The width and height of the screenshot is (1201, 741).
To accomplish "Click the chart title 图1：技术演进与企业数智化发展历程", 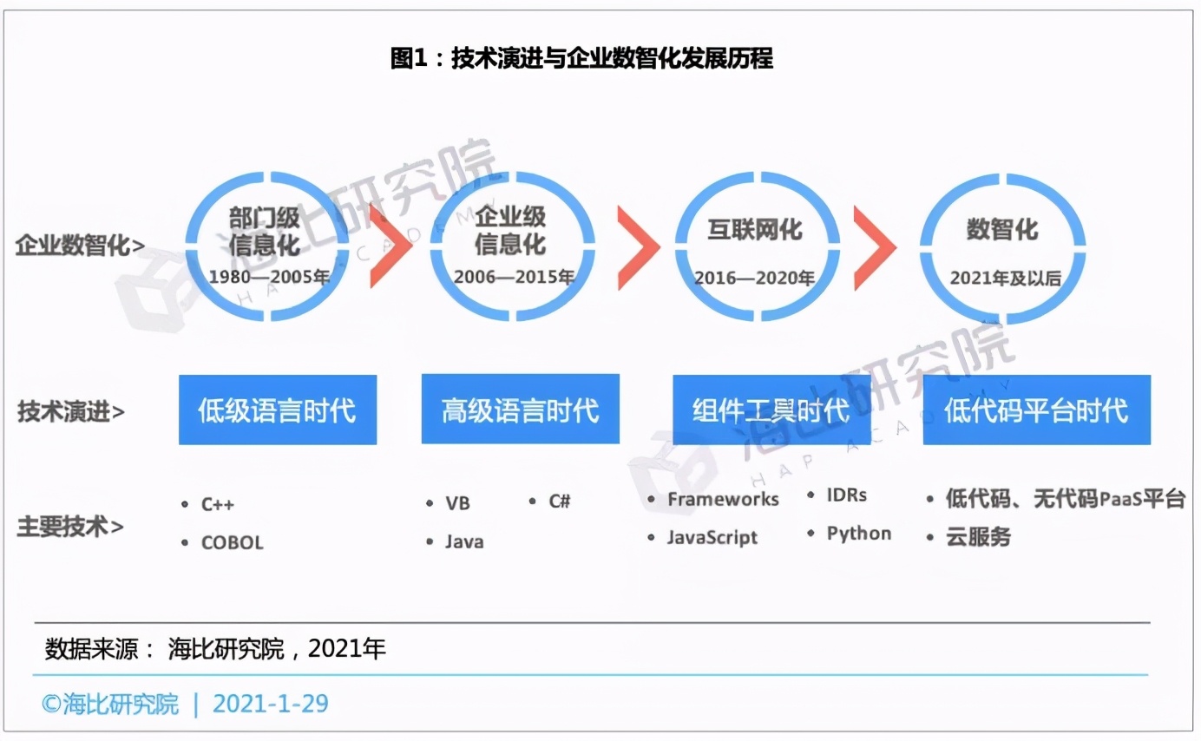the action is [581, 59].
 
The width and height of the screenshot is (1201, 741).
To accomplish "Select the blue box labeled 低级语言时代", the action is [278, 410].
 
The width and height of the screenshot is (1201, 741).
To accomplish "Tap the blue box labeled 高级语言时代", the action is [520, 410].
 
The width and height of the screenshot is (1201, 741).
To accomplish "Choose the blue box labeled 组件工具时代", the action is [771, 410].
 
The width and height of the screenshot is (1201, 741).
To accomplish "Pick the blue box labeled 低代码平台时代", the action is [1036, 410].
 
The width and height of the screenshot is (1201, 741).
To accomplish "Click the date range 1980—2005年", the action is [270, 278].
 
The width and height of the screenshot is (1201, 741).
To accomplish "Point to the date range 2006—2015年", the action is [514, 278].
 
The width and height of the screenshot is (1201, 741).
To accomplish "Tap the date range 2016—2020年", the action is [754, 279].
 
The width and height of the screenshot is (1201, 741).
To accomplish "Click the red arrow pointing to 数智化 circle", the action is [874, 247].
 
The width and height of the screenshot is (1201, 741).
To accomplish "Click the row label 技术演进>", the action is [71, 411].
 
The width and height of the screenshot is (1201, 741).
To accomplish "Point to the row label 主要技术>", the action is [70, 526].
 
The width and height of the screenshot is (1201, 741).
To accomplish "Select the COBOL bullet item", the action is [232, 543].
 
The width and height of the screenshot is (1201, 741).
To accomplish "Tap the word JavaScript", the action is [712, 537].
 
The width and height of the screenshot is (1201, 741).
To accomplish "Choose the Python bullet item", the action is [858, 534].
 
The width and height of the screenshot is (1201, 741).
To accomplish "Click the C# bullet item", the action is [559, 502].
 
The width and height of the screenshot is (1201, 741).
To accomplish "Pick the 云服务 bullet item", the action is [979, 536].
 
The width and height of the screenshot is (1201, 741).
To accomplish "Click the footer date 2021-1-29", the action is [271, 703].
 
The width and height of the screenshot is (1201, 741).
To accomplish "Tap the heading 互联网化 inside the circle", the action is [754, 230].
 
